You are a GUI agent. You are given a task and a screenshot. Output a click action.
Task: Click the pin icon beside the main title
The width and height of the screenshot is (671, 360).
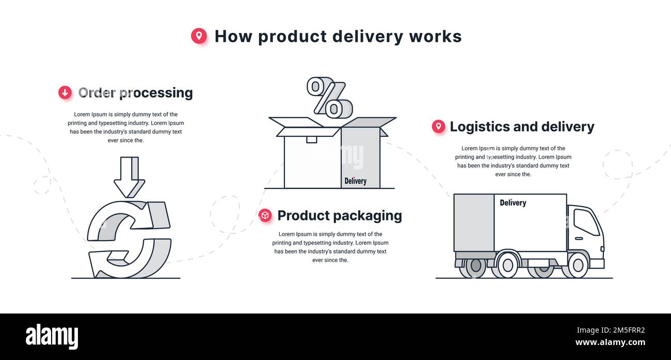(199, 36)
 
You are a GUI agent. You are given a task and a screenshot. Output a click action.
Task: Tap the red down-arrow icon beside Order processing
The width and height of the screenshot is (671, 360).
(65, 92)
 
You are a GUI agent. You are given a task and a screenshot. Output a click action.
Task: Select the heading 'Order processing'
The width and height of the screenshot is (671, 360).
(135, 92)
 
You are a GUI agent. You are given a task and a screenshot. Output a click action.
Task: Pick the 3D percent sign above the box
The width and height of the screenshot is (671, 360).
(329, 97)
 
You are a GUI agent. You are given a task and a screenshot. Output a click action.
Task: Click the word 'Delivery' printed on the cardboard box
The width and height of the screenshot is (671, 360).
(355, 181)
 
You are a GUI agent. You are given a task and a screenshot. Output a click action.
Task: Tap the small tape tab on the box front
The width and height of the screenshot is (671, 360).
(311, 139)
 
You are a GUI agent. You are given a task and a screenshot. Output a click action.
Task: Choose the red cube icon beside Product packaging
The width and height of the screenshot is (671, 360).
(265, 215)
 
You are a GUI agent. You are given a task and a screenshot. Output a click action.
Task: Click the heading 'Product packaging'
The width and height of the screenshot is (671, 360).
(339, 215)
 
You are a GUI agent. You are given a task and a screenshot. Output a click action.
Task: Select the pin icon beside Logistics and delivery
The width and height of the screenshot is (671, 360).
(438, 127)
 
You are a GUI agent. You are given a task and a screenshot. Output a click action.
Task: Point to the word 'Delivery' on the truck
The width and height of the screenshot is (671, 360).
(513, 203)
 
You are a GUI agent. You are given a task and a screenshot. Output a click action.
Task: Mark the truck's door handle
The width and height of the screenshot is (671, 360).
(578, 239)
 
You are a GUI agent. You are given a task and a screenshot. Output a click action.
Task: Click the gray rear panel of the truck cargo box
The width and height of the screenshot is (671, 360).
(473, 223)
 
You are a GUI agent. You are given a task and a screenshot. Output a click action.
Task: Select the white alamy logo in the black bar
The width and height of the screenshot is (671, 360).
(52, 337)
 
